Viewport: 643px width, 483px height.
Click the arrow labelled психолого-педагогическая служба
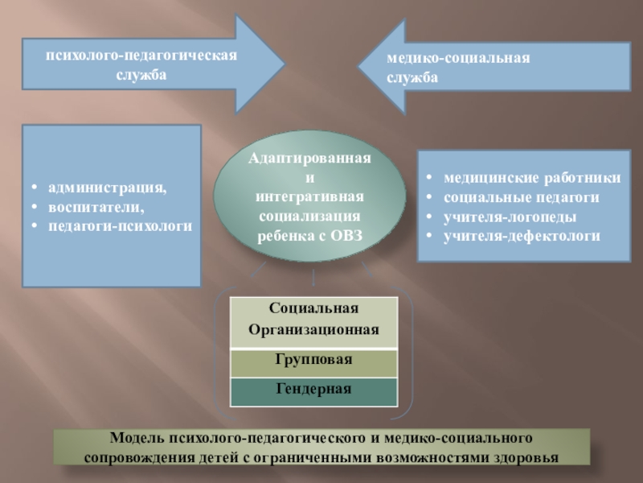(141, 64)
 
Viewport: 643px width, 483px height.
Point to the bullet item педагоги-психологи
(120, 226)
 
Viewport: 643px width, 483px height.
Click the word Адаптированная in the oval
(309, 159)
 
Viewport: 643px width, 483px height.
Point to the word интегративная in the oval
(310, 197)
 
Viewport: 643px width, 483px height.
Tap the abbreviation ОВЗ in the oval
(346, 236)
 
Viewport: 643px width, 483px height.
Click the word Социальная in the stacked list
(313, 308)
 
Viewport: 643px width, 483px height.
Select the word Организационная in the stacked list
(313, 330)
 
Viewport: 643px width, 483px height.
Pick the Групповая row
(313, 360)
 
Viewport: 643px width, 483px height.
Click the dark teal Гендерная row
(313, 390)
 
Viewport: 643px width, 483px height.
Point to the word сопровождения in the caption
(133, 457)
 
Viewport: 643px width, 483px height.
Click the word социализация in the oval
(310, 217)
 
